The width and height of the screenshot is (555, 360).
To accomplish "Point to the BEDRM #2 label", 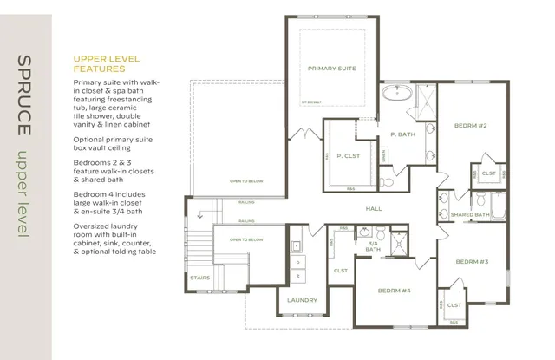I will [x=470, y=126].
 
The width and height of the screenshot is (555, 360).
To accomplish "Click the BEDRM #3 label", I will [x=473, y=261].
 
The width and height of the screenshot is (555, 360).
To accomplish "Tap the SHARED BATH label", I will [x=470, y=214].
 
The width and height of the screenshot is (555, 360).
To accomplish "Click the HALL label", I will [x=374, y=209].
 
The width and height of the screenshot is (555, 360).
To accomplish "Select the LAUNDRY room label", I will [x=302, y=300].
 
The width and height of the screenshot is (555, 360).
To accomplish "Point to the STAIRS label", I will [x=199, y=278].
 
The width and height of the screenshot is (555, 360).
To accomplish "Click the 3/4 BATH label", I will [x=373, y=247].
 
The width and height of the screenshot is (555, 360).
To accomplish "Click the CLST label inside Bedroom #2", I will [x=488, y=173].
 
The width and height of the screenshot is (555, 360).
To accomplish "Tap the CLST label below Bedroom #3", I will [x=453, y=306].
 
